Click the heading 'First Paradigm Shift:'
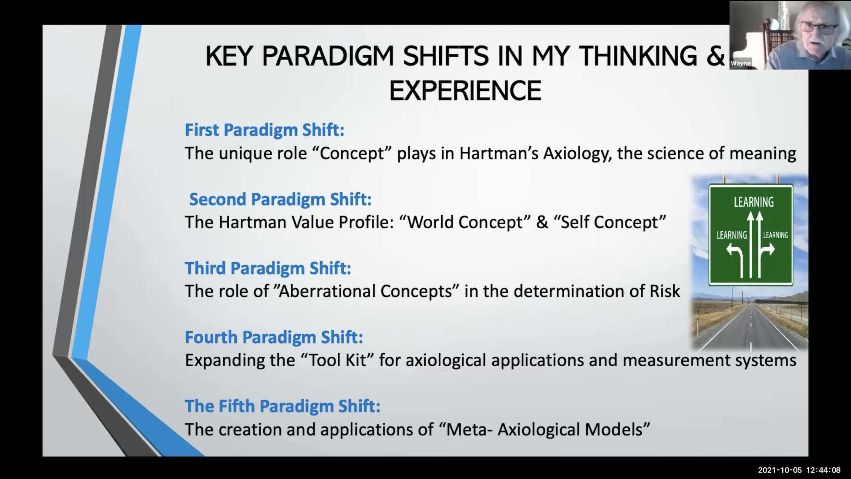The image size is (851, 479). pyautogui.click(x=265, y=130)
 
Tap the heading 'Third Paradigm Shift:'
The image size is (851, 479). pyautogui.click(x=268, y=268)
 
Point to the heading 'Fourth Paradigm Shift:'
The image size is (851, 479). pyautogui.click(x=274, y=337)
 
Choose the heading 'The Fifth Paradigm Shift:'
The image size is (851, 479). pyautogui.click(x=283, y=406)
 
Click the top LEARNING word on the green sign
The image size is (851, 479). pyautogui.click(x=754, y=202)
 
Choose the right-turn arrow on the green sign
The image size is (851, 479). pyautogui.click(x=766, y=258)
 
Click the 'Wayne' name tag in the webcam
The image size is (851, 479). pyautogui.click(x=741, y=63)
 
